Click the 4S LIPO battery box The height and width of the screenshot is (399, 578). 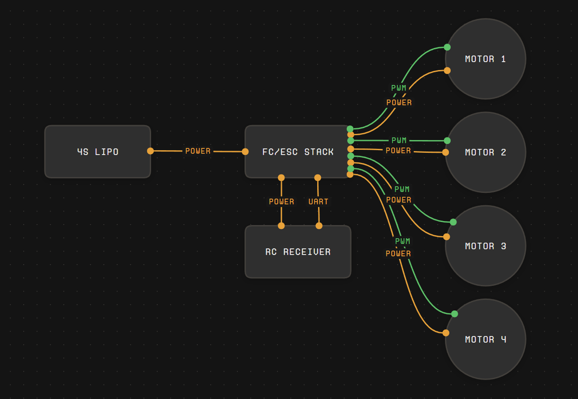coord(97,151)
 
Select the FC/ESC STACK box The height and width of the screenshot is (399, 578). coord(298,151)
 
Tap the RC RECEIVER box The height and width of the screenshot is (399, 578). coord(298,251)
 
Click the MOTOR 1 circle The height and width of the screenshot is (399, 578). coord(485,59)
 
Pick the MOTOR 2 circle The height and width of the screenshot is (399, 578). coord(485,152)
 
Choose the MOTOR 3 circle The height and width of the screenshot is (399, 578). coord(485,246)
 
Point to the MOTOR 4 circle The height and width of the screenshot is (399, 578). coord(485,339)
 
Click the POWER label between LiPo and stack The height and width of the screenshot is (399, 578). coord(198,151)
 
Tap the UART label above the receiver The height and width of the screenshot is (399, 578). coord(318,202)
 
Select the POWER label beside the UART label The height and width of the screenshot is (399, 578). coord(282,202)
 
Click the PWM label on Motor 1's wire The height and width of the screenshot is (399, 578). coord(399,88)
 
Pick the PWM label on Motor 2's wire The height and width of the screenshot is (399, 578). coord(399,140)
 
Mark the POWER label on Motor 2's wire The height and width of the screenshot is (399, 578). coord(398,151)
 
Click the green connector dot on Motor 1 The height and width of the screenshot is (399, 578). coord(447,47)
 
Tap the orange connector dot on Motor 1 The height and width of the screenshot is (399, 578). coord(447,70)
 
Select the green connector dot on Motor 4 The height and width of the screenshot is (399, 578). coord(455,314)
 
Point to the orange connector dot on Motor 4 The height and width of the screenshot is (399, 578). coord(446,333)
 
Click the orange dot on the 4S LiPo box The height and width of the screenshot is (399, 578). coord(150,151)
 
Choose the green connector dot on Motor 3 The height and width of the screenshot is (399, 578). coord(453,222)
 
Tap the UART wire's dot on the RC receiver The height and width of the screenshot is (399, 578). coord(319,226)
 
